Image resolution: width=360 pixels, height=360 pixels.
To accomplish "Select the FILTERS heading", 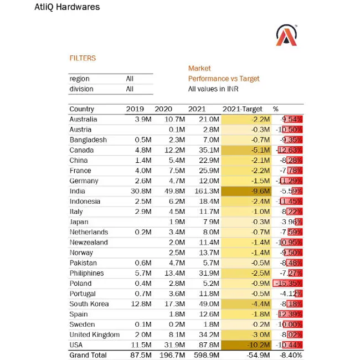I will point(83,58).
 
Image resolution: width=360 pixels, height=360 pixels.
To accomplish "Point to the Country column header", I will point(82,109).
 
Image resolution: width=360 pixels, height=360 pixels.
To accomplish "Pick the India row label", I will point(78,191).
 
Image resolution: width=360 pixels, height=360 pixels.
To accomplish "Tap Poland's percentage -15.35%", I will point(290,283).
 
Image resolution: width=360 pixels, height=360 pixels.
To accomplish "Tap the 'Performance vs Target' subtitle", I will point(224,79).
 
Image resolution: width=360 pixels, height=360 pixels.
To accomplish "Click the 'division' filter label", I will point(81,89).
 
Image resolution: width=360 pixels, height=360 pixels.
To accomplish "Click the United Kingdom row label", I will point(94,335).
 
